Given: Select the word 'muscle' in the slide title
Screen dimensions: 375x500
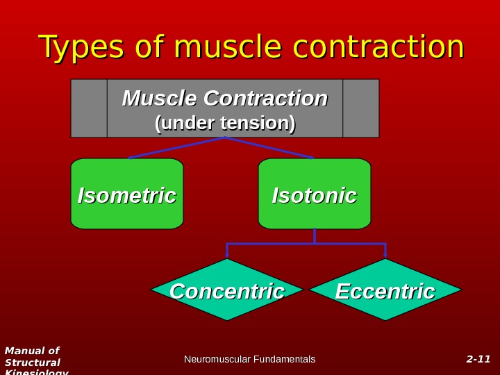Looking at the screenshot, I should (228, 47).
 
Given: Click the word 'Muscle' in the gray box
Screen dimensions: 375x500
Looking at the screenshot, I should (157, 99).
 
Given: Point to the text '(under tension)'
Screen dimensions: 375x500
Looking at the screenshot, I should (225, 123).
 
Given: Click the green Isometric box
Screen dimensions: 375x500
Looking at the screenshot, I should (127, 194).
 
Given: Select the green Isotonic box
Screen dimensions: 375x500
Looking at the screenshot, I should (315, 194).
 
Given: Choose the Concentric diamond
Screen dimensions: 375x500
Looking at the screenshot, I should (227, 290).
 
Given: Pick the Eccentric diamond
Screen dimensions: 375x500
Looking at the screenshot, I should (385, 290).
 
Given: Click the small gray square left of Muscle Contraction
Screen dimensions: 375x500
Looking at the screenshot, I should (89, 108).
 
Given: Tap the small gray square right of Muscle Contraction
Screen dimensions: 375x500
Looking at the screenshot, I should (361, 108).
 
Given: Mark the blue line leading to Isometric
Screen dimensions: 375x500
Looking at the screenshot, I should (176, 148).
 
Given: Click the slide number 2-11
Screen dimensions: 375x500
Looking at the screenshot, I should (478, 359).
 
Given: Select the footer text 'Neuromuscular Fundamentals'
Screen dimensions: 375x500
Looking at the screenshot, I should (249, 359).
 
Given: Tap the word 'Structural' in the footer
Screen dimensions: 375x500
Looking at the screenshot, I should (33, 362).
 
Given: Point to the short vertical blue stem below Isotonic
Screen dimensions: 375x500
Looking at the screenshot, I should (315, 236).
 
